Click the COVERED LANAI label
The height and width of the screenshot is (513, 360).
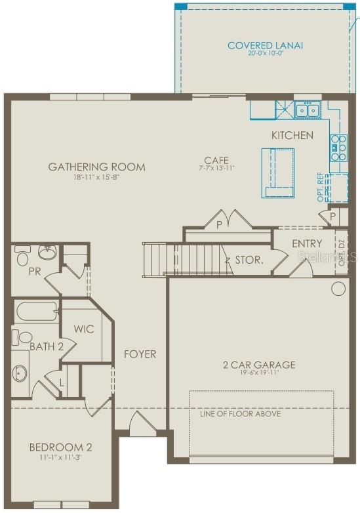(266, 45)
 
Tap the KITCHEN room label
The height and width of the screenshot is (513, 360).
(292, 135)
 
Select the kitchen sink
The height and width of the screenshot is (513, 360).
(306, 110)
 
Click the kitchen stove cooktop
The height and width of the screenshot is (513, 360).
(338, 148)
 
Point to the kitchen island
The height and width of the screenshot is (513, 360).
(278, 172)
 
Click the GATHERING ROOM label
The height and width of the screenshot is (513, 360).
(96, 167)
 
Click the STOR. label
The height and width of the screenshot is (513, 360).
(249, 260)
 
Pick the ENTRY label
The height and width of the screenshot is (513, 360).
(307, 243)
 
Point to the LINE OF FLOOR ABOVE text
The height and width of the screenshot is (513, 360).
(240, 414)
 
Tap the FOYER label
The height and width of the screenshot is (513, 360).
(140, 354)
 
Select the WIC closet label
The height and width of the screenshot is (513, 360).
(83, 329)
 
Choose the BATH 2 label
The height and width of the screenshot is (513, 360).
(46, 346)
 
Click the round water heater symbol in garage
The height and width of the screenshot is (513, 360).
(338, 288)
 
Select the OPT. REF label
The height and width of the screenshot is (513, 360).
(321, 186)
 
